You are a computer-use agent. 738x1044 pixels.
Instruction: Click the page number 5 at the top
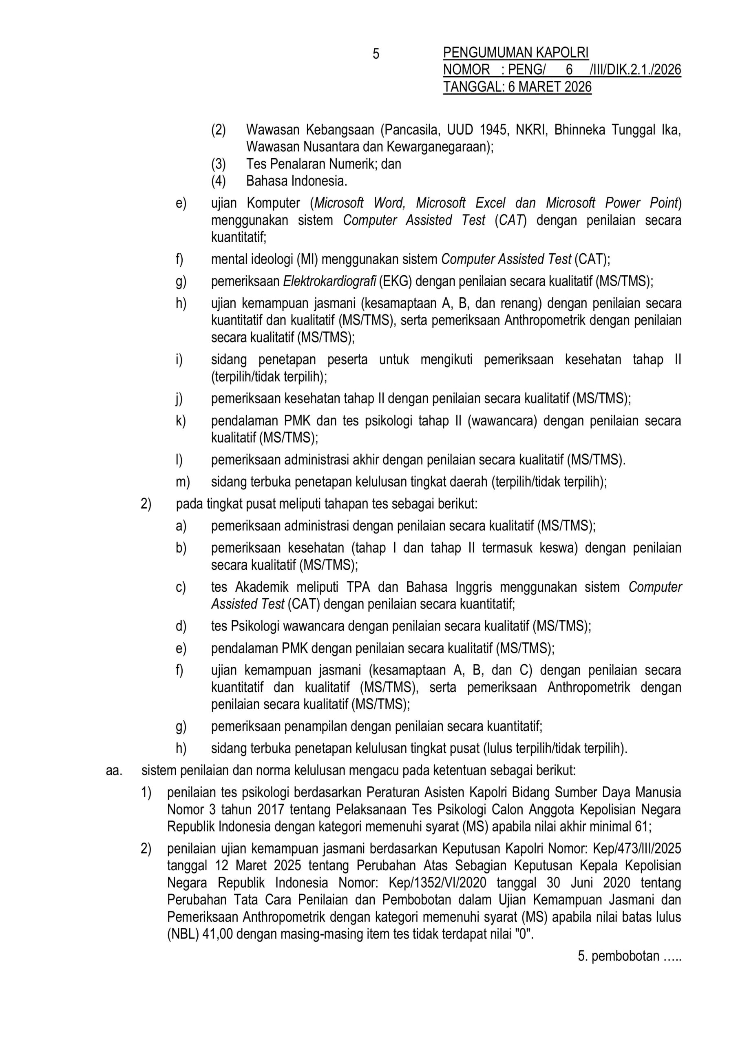376,54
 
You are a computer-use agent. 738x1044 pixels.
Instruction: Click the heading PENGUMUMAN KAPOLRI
516,53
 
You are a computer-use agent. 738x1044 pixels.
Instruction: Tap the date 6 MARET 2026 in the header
550,86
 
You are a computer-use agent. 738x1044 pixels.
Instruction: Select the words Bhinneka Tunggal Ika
617,130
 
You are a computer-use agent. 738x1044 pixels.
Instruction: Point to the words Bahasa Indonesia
296,181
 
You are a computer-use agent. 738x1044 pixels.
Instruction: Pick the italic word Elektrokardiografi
329,281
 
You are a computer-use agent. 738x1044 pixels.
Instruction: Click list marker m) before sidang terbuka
183,482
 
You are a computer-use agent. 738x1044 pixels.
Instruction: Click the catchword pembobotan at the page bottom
625,956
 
